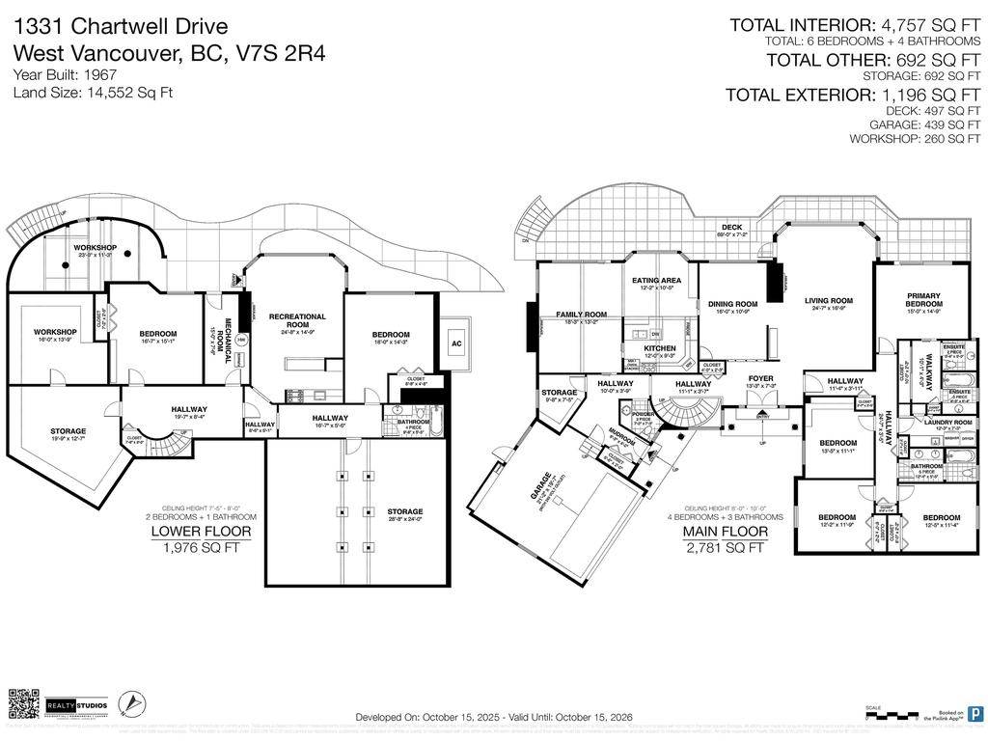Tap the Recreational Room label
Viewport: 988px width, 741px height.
coord(297,320)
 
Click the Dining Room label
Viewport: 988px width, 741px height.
coord(733,304)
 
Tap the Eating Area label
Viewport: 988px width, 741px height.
coord(656,281)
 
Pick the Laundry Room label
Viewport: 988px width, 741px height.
coord(947,423)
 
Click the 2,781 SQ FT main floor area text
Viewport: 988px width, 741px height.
coord(726,548)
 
